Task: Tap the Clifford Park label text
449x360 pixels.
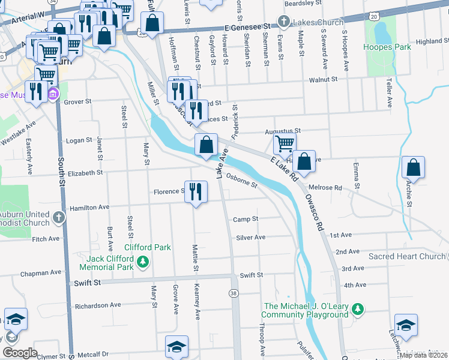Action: [x=148, y=247]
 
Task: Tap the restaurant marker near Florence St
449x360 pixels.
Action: [x=196, y=191]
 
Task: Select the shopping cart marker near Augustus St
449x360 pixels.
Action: [x=284, y=143]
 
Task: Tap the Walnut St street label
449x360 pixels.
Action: [x=323, y=79]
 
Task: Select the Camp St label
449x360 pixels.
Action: [x=246, y=220]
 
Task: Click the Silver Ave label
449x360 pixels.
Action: [x=250, y=238]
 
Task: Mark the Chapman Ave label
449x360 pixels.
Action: [x=41, y=272]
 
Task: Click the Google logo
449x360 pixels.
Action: [x=20, y=353]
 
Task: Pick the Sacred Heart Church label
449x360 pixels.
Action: [x=406, y=256]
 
